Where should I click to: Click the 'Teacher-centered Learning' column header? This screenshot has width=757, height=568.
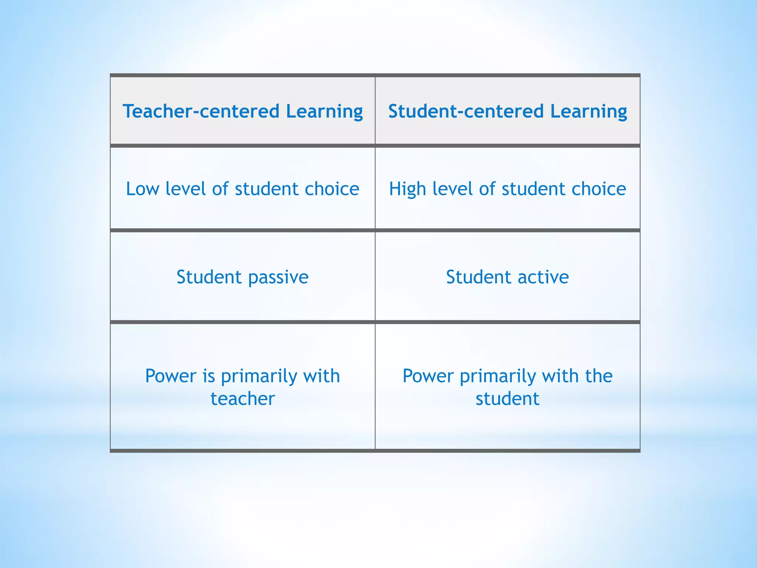click(x=242, y=111)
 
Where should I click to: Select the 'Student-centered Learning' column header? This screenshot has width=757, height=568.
click(x=508, y=111)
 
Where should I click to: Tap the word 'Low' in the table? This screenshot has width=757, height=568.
click(x=142, y=189)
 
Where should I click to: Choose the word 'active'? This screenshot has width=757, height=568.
click(x=543, y=277)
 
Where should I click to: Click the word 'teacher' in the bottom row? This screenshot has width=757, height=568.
click(x=243, y=399)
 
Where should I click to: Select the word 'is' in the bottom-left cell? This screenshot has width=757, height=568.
click(x=208, y=376)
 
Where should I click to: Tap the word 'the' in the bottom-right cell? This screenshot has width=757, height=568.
click(x=598, y=376)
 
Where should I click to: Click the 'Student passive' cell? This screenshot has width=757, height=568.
click(x=242, y=277)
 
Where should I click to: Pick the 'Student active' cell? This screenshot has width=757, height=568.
click(x=508, y=277)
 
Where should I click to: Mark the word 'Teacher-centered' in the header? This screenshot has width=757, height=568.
click(x=201, y=111)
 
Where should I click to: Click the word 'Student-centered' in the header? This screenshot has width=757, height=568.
click(x=466, y=111)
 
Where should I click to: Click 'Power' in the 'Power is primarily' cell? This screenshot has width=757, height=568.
click(x=171, y=376)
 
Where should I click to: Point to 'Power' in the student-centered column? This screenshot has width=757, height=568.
click(x=428, y=376)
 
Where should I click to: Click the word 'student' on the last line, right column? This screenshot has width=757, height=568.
click(x=508, y=399)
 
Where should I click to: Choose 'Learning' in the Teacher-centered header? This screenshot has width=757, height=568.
click(x=324, y=111)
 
